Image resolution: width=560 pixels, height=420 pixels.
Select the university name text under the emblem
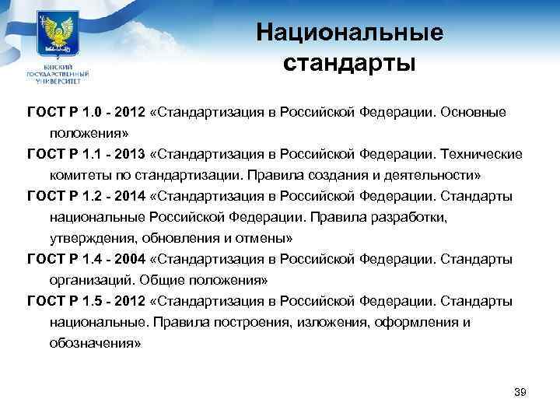(x=58, y=72)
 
